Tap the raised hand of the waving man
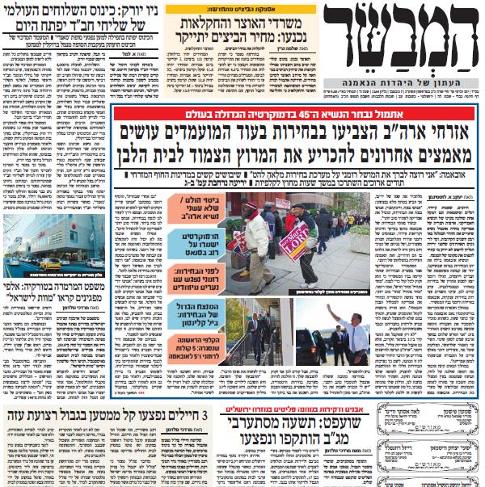tap(331, 309)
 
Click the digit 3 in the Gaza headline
tap(206, 393)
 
